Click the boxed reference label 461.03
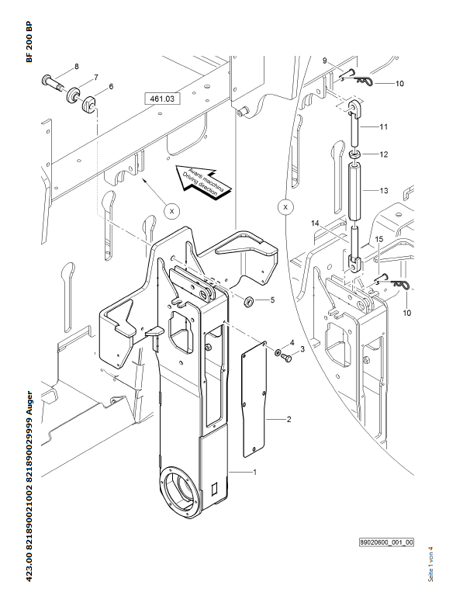(x=162, y=99)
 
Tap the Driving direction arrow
(x=202, y=182)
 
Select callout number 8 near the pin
(x=76, y=67)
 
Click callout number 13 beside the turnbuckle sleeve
(x=384, y=190)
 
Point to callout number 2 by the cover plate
(x=289, y=420)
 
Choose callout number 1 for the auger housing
(x=254, y=473)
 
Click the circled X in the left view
(x=171, y=211)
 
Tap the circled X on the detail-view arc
(x=285, y=207)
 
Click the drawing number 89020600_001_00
(x=386, y=542)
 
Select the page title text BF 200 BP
(x=29, y=42)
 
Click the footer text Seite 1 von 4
(x=431, y=564)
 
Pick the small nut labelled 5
(x=248, y=301)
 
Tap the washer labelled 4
(x=278, y=352)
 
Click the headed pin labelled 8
(x=52, y=82)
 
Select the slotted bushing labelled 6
(x=89, y=104)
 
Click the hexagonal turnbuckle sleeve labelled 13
(x=355, y=192)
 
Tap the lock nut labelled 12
(x=355, y=154)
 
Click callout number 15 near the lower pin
(x=379, y=239)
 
